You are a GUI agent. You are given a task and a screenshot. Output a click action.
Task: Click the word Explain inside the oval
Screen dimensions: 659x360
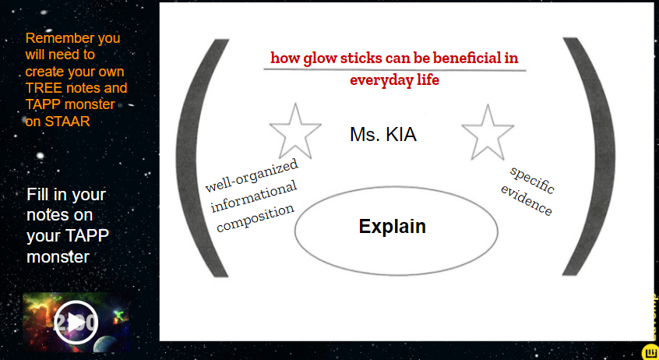392,227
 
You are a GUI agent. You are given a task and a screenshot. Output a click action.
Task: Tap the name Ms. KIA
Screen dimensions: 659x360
383,135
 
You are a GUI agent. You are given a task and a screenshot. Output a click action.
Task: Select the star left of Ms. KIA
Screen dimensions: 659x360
295,131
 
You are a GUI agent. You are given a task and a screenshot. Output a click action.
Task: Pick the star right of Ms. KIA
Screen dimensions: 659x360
488,132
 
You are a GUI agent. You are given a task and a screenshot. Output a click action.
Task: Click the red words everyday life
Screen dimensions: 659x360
394,80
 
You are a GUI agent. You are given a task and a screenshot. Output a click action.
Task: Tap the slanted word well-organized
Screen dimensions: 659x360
252,175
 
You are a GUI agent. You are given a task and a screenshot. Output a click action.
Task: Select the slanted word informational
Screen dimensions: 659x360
254,196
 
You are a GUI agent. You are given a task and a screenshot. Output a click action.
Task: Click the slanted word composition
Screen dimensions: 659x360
255,218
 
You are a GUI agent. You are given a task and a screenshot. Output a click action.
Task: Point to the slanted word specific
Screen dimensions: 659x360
532,179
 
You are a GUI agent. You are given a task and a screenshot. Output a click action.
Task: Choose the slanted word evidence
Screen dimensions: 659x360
527,200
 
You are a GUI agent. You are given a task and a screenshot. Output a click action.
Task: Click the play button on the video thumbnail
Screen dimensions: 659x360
76,323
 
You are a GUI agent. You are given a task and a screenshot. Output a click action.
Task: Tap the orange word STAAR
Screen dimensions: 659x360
67,122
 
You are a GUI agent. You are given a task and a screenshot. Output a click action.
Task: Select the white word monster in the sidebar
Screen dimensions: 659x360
58,256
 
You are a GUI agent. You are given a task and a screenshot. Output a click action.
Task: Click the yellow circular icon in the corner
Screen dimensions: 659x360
650,352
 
